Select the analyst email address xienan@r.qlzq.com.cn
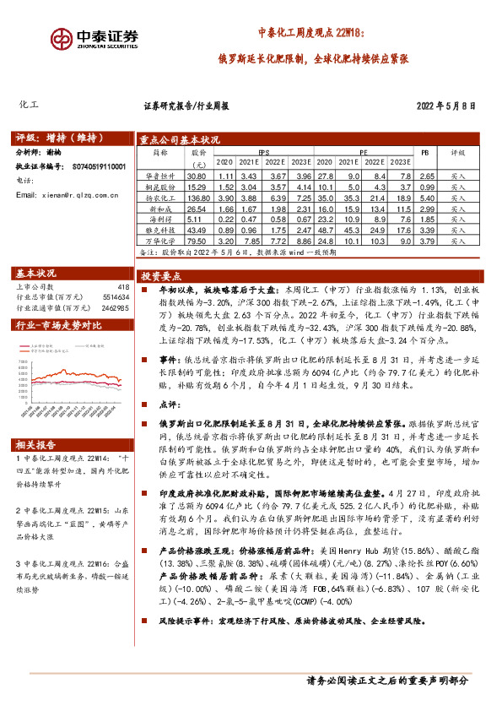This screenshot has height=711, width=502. coord(75,195)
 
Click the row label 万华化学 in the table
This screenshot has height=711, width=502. coord(159,241)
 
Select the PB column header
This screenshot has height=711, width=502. coord(425,154)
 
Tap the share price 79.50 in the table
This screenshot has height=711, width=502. coord(196,241)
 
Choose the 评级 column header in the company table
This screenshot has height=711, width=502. coord(457,154)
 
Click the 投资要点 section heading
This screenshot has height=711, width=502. coord(161,276)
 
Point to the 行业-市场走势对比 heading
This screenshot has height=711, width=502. coord(59,324)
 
